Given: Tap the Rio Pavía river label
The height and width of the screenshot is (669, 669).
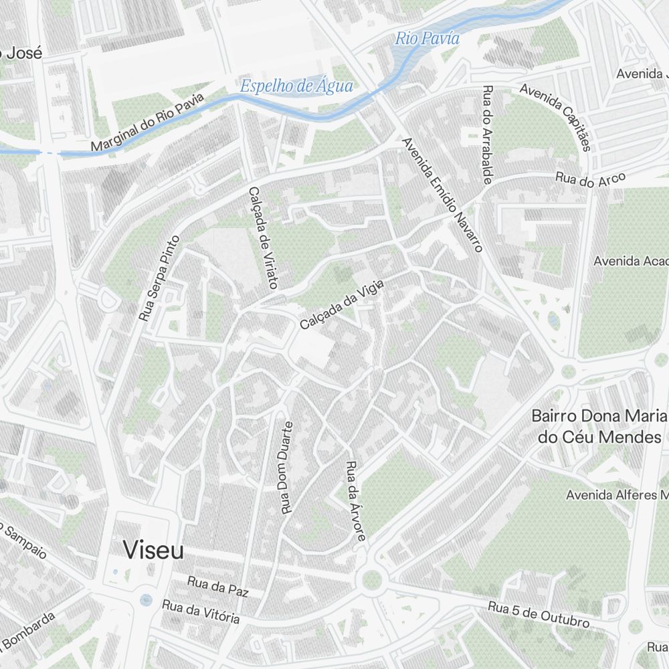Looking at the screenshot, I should pos(427,39).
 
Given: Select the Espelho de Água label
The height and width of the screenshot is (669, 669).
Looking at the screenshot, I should pos(296,86).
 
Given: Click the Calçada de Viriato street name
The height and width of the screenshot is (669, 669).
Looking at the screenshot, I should pos(262,237).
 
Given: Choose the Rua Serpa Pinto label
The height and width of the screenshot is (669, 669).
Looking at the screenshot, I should pos(159,278).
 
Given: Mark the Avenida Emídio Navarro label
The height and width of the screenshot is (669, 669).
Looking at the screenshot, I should pos(442,195).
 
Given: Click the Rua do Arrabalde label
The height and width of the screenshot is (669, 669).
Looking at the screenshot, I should pos(488,134).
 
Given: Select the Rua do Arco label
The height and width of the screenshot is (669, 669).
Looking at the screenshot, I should pos(591,179).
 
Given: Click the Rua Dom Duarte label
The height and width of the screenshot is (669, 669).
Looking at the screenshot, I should pos(287,467).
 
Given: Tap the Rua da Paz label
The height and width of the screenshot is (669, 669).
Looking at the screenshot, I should pos(217,587).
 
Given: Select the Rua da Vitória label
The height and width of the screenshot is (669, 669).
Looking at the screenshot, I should pos(201,611).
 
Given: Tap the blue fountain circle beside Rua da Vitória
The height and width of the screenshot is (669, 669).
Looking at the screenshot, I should pos(146,600).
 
